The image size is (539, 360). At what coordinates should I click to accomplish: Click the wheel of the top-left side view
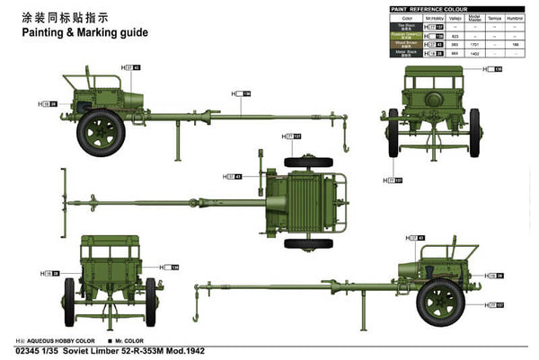[100, 130]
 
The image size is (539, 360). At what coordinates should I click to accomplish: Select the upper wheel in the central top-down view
[309, 162]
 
